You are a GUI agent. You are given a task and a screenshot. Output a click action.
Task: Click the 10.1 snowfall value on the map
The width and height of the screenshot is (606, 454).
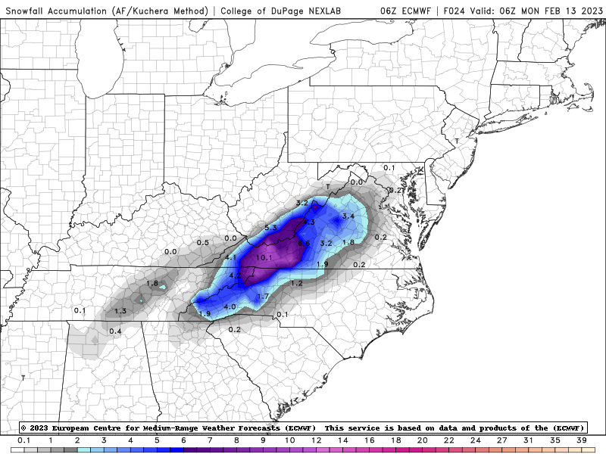point(264,258)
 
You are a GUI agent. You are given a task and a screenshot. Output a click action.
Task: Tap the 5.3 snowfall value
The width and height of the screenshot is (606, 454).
point(272,228)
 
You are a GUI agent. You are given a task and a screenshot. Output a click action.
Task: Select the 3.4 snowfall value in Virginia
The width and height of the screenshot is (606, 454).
point(348,216)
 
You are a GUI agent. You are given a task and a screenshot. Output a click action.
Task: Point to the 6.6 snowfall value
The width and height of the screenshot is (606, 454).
point(304,243)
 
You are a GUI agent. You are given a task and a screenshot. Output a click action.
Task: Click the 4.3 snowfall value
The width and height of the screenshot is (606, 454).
point(308,222)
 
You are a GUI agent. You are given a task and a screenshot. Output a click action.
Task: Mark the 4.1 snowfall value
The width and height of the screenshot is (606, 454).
point(232,258)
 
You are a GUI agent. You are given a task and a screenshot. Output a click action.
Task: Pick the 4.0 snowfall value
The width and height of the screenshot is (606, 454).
point(231,306)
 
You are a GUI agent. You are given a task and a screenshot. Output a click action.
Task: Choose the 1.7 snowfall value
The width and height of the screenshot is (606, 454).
point(263,296)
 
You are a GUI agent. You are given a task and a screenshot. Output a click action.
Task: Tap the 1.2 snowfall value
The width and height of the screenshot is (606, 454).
point(296,283)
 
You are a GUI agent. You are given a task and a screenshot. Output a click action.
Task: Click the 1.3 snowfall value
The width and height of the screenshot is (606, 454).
point(120,311)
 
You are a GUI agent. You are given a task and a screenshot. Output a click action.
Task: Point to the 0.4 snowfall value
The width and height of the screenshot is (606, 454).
point(116,331)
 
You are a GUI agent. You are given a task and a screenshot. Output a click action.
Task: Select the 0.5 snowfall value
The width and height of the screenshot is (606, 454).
point(203,243)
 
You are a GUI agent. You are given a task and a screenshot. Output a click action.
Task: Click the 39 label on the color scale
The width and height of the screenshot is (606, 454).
point(582,440)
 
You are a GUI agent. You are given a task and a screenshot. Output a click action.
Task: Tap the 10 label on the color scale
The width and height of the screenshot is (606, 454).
point(289,440)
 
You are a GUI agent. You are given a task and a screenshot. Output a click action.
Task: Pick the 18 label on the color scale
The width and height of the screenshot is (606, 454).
point(395,440)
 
